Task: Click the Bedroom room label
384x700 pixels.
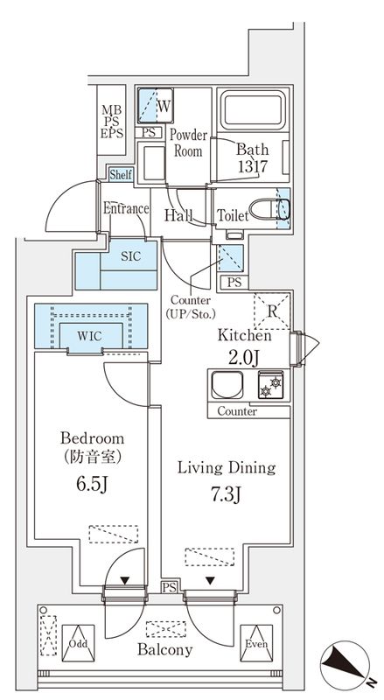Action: tap(92, 437)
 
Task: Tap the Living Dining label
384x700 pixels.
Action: tap(227, 467)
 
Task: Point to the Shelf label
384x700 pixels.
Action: tap(121, 175)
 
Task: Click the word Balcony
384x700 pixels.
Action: tap(164, 650)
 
